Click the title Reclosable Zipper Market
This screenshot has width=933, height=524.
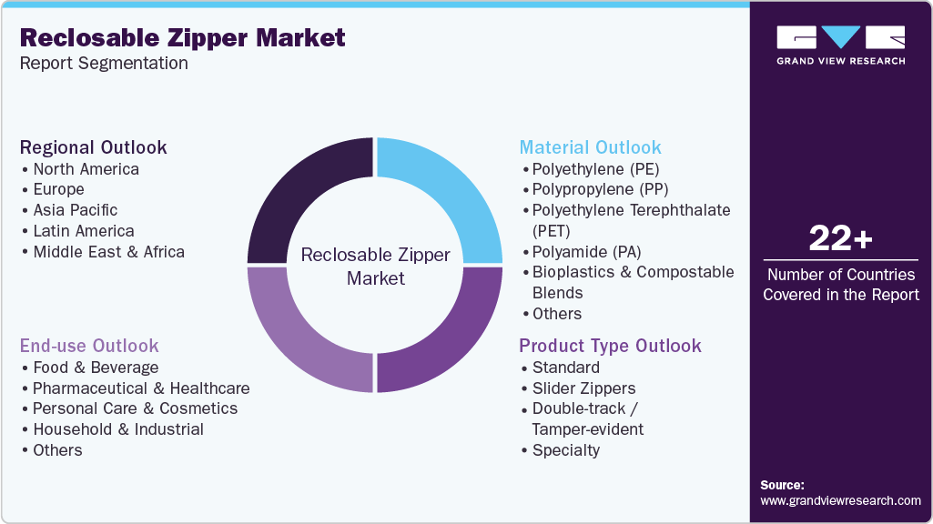click(x=182, y=37)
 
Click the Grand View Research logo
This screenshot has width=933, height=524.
click(x=840, y=45)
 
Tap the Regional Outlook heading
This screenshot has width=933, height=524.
click(x=94, y=147)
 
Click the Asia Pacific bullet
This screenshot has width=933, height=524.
click(x=76, y=210)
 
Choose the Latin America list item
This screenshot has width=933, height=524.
click(x=84, y=231)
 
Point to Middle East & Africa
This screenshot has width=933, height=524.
click(x=108, y=252)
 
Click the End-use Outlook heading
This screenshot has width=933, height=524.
click(x=89, y=346)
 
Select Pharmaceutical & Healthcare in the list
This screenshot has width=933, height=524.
click(x=141, y=388)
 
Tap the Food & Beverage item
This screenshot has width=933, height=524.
click(x=96, y=368)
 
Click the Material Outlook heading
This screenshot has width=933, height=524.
click(x=590, y=147)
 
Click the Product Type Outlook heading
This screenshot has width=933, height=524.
click(x=610, y=346)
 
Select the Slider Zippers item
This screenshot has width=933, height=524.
click(x=583, y=388)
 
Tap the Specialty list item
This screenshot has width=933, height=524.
click(x=566, y=450)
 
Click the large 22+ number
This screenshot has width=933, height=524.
click(x=841, y=239)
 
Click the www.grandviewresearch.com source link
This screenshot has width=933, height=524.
click(x=840, y=500)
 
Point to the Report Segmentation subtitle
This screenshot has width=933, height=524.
click(x=104, y=64)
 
